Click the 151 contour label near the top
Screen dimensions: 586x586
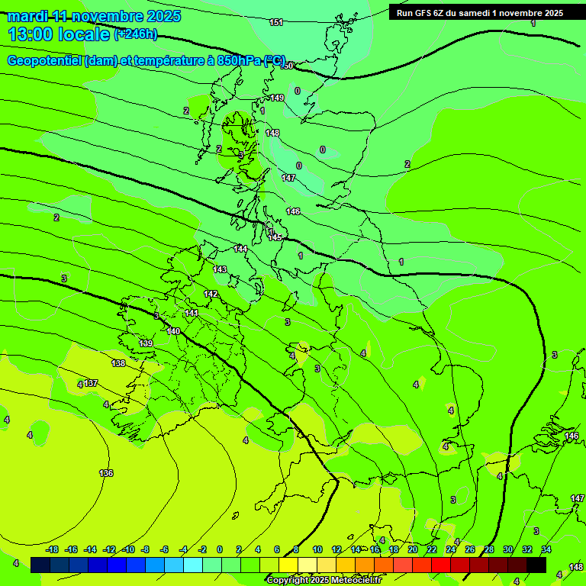[x=276, y=22]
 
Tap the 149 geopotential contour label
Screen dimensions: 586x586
[x=277, y=98]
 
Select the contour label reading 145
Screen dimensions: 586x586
[x=275, y=238]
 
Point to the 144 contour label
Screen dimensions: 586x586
[x=240, y=250]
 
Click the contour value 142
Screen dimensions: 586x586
[x=211, y=294]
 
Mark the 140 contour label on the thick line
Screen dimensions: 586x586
[x=173, y=331]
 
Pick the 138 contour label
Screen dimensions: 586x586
[x=118, y=363]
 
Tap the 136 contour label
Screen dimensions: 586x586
[x=106, y=474]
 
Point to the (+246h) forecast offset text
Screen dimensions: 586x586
[x=136, y=34]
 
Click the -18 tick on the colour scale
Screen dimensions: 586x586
[x=52, y=549]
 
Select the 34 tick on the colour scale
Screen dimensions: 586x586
[x=546, y=549]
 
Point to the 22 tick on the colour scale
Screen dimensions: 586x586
[x=431, y=549]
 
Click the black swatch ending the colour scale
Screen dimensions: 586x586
[x=536, y=565]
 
